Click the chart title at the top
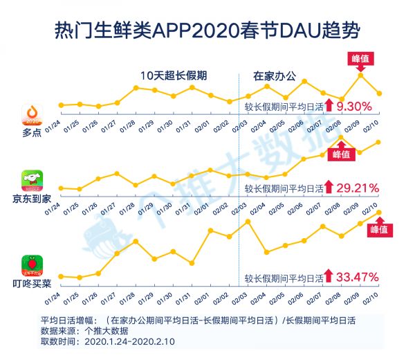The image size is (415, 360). (207, 30)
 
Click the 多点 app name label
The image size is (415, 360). (26, 134)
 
